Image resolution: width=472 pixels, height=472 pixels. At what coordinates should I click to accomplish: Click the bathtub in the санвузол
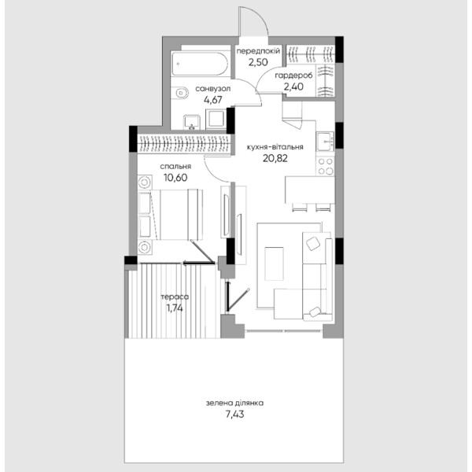[x=200, y=64]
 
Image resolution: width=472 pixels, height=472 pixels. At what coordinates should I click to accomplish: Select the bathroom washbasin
[x=191, y=122]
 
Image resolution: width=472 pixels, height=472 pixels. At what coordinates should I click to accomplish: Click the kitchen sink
[x=325, y=142]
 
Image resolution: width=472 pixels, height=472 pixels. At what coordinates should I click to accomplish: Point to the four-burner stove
[x=326, y=166]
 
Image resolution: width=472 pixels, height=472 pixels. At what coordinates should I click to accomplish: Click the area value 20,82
[x=275, y=158]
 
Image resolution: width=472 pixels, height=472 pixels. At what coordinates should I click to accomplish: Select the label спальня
[x=175, y=167]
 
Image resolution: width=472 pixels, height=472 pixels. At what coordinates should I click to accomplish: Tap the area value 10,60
[x=175, y=178]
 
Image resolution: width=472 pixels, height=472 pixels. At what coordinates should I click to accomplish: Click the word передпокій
[x=258, y=51]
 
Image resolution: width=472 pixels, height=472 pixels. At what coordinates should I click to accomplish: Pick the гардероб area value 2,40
[x=293, y=87]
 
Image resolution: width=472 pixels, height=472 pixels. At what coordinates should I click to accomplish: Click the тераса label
[x=175, y=297]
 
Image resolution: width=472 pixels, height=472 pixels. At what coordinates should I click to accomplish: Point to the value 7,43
[x=234, y=415]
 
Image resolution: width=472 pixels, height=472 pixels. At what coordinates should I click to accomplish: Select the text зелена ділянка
[x=234, y=403]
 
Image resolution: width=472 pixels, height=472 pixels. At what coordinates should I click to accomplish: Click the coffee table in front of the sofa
[x=274, y=264]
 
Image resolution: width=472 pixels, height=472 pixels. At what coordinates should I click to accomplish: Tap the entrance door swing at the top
[x=253, y=21]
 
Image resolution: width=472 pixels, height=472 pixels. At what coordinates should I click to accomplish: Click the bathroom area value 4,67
[x=213, y=100]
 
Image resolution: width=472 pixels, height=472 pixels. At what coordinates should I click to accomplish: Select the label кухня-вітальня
[x=275, y=147]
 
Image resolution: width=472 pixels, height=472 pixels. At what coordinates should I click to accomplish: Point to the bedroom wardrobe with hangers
[x=184, y=143]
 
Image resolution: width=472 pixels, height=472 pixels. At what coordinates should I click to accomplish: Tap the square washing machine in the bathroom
[x=216, y=120]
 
